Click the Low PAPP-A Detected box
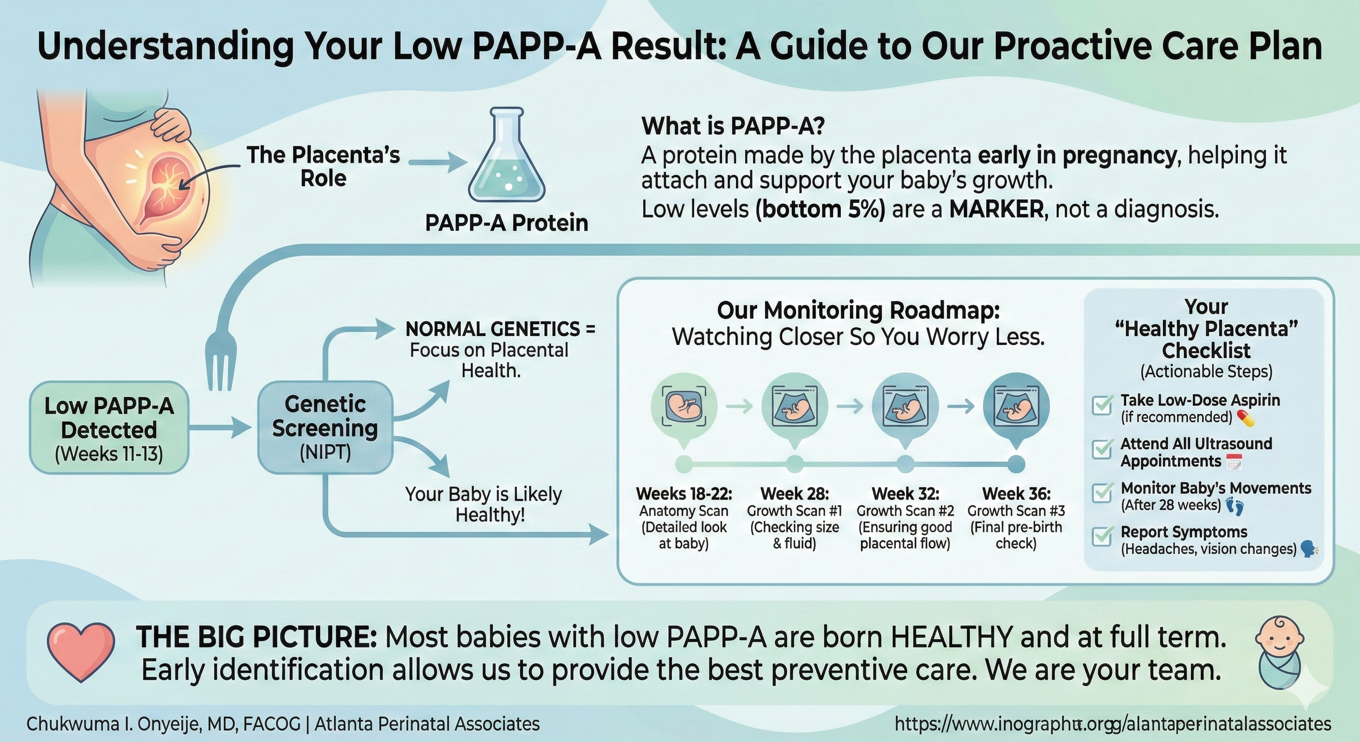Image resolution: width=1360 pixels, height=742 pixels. [x=109, y=428]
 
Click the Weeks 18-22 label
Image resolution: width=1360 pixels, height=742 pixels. [x=684, y=494]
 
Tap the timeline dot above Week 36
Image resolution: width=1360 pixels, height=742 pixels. [x=1016, y=465]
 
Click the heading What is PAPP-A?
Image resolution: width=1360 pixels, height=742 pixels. [x=733, y=126]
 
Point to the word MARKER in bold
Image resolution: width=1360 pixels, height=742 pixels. [x=996, y=210]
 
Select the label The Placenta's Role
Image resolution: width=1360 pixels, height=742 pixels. [x=324, y=166]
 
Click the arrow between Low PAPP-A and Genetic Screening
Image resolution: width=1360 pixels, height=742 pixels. [x=219, y=428]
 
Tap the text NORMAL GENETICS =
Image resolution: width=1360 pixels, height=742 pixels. [x=500, y=329]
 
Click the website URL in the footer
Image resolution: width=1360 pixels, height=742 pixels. [x=1113, y=724]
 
